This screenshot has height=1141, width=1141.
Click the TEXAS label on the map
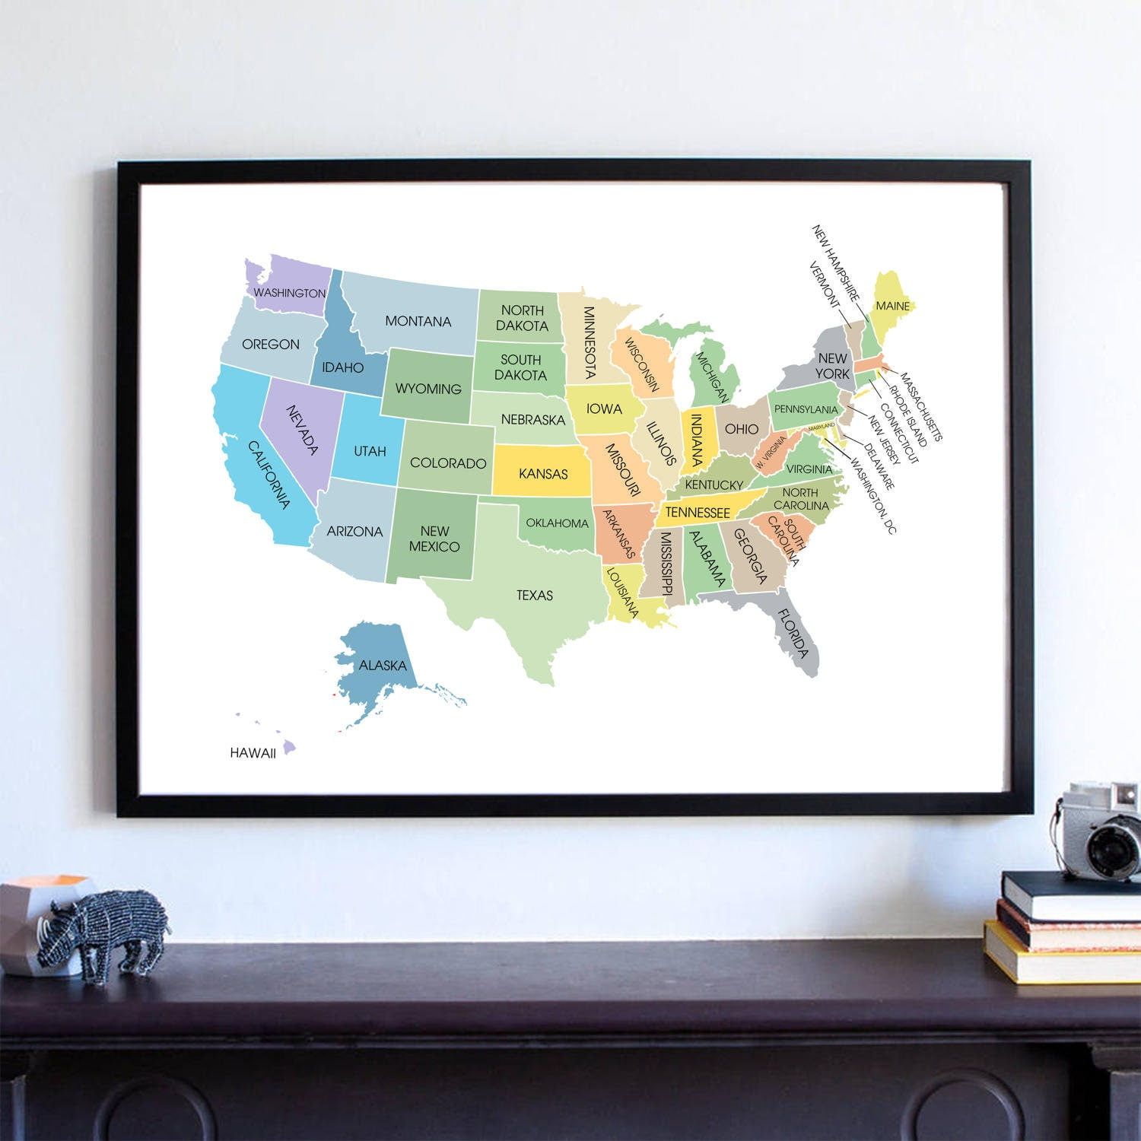[x=535, y=595]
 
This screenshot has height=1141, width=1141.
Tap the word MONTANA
[x=418, y=321]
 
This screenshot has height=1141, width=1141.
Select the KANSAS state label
[x=543, y=473]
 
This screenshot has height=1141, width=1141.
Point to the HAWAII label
[x=253, y=752]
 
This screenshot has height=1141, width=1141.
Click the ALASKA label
[x=383, y=665]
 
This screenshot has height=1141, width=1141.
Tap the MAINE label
[x=892, y=306]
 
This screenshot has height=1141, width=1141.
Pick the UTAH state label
[x=370, y=451]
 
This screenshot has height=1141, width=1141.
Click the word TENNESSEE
[x=698, y=513]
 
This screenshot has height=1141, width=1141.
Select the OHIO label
[x=741, y=428]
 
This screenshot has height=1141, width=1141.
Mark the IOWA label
[x=604, y=408]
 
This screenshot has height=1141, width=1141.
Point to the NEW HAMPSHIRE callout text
[x=835, y=262]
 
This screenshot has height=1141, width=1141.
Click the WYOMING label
[x=428, y=389]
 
